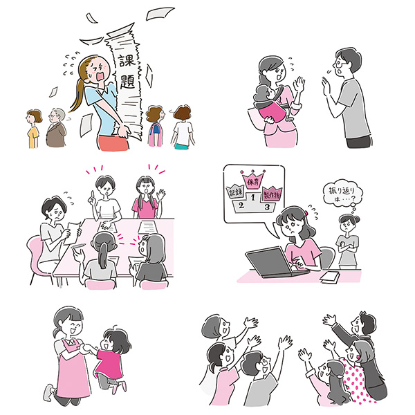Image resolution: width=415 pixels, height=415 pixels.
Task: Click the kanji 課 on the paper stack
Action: coord(127,60)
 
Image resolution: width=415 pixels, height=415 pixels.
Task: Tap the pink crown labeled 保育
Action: coord(253,179)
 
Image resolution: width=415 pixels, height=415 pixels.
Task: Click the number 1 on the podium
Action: coord(252,197)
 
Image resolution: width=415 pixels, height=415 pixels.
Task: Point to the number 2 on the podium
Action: coord(241,205)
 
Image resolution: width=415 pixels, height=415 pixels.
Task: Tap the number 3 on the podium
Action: coord(268,206)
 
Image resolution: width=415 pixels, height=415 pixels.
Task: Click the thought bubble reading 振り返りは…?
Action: coord(342,194)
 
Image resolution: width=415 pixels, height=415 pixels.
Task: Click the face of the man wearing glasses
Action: coord(341,67)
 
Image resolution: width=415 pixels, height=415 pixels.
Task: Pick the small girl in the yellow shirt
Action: coord(33,129)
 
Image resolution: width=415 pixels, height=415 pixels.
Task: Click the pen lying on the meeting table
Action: coord(78,246)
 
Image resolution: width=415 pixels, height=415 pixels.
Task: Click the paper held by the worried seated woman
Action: coord(71,233)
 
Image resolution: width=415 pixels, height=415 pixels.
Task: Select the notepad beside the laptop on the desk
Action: coord(330,277)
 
